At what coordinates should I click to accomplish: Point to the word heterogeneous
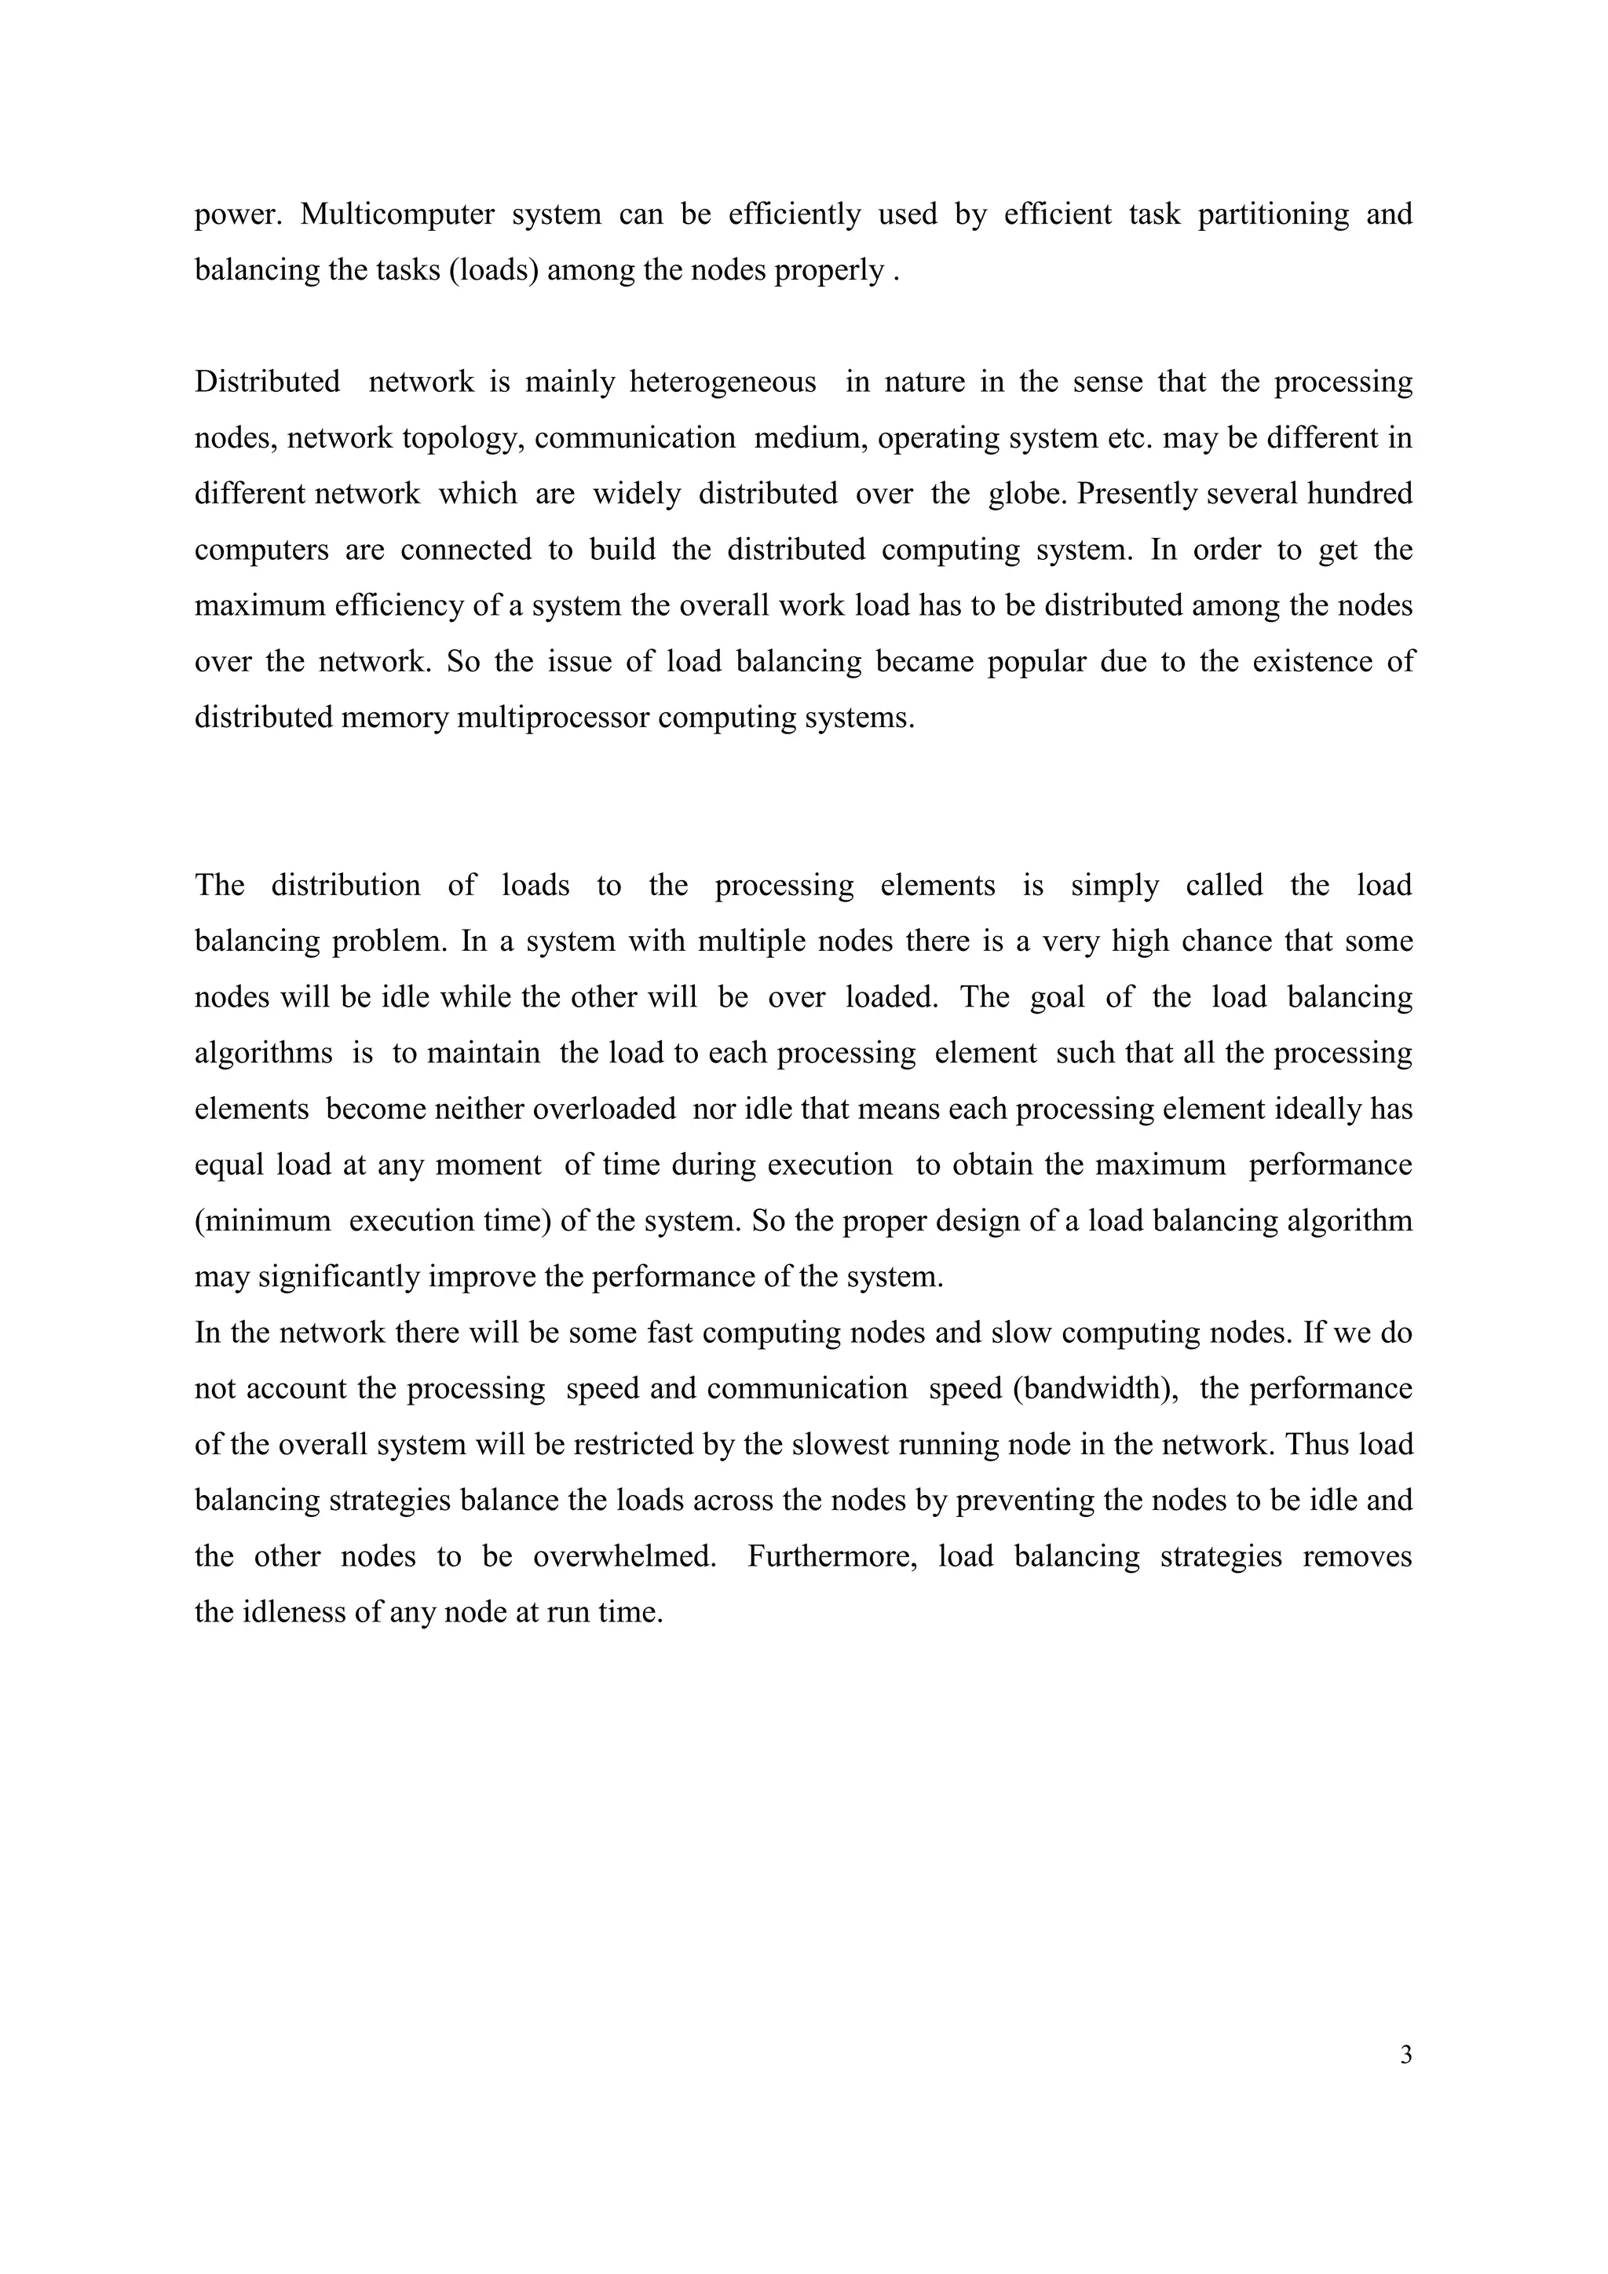pos(723,382)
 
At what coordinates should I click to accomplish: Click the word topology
pos(463,438)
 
